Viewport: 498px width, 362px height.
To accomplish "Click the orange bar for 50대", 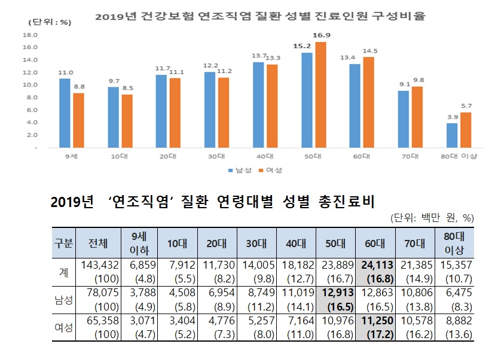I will (320, 95).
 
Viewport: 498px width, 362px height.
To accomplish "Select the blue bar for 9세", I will (65, 112).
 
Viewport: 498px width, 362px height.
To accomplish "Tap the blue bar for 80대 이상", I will (452, 135).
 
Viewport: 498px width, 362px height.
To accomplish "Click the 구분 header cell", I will (63, 243).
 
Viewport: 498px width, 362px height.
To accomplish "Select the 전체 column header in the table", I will (97, 243).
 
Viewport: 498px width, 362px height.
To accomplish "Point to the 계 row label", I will (63, 272).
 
